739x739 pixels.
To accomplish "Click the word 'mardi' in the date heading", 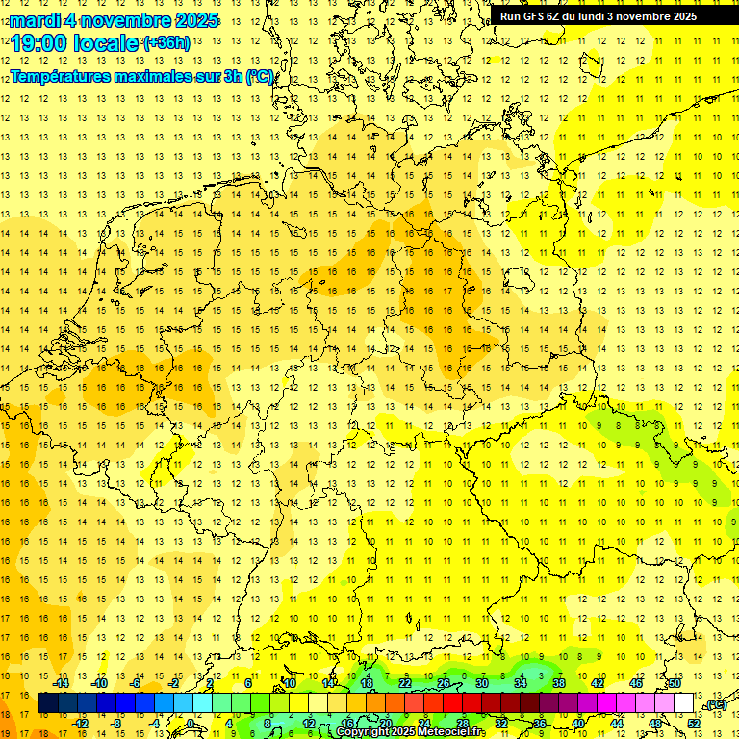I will point(36,20).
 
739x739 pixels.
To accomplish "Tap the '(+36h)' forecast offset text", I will point(166,43).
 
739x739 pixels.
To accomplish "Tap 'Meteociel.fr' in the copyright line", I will point(452,732).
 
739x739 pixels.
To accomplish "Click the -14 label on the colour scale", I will point(61,683).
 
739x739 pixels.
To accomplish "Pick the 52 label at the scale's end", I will point(693,724).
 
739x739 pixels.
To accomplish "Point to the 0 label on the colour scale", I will point(191,724).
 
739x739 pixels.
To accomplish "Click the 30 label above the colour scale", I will point(481,683).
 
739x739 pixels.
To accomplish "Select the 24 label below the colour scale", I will point(424,724).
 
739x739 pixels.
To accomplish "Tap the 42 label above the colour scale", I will point(598,683).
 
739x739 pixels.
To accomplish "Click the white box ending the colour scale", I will point(683,703).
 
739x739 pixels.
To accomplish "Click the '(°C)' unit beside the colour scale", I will point(714,704).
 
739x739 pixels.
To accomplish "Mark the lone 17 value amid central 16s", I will point(448,291).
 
